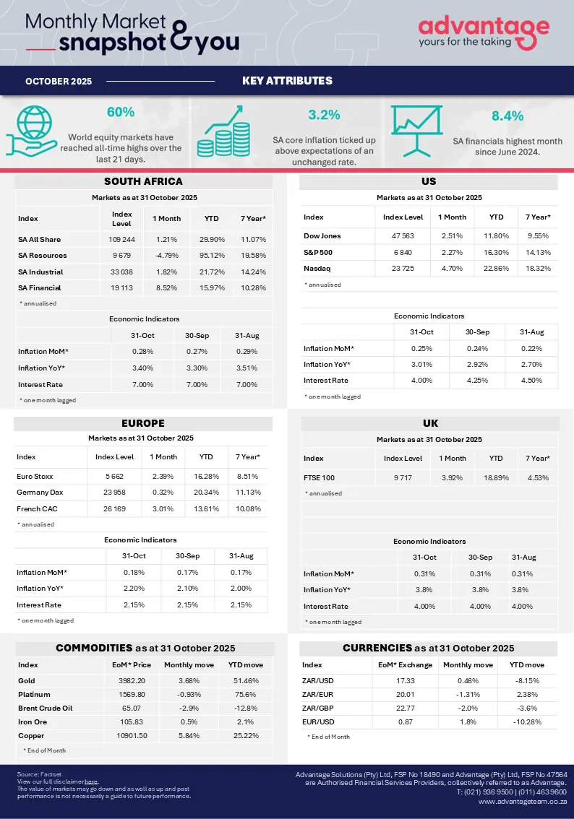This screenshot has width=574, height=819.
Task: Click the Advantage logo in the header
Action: point(484,32)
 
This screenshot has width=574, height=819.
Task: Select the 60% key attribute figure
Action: point(121,112)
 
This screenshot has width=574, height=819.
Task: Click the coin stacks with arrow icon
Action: point(223,131)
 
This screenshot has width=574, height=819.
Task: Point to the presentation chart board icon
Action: point(416,131)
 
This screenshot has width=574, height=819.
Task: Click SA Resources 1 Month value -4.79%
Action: point(167,256)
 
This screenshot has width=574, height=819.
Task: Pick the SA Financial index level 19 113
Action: point(121,287)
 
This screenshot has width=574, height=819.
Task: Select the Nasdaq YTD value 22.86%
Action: point(496,269)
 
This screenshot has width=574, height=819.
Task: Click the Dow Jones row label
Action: point(322,236)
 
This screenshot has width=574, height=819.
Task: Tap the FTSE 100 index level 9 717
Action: point(403,477)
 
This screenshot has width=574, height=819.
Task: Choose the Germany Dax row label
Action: point(40,492)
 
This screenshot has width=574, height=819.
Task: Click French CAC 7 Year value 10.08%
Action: point(248,508)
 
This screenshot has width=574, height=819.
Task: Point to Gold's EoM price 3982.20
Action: point(132,680)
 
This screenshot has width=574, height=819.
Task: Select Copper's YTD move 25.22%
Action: point(246,735)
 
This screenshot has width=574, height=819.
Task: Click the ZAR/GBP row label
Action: point(317,708)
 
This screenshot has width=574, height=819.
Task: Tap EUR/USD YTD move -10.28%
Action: point(527,721)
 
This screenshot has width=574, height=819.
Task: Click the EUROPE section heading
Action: point(142,423)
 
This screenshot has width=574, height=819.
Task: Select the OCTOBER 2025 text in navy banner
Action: point(59,81)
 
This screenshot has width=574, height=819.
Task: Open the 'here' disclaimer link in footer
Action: point(91,781)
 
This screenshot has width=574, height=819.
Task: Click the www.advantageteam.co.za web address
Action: point(522,801)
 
